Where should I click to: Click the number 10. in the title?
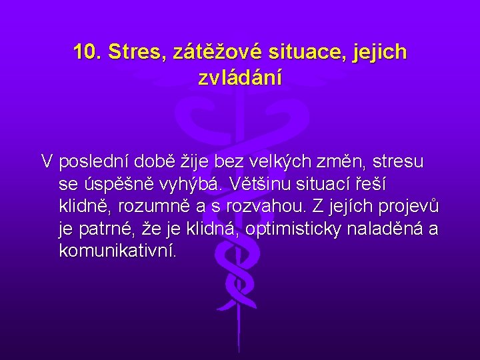[x=87, y=52]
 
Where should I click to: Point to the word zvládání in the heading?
[x=240, y=78]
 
